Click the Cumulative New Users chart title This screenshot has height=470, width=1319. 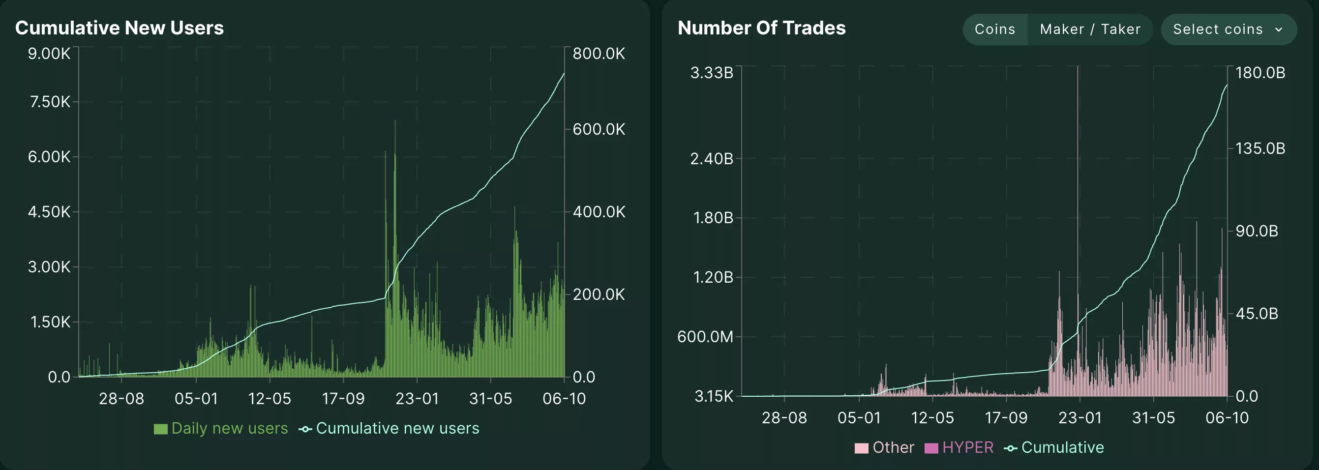[120, 28]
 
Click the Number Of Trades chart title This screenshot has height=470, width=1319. [761, 28]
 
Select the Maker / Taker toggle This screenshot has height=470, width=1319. [1090, 29]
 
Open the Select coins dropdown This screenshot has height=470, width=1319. [1229, 29]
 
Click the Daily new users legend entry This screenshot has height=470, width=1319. [221, 428]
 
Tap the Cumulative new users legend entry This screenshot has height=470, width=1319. [390, 428]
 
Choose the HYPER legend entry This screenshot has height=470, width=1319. [959, 447]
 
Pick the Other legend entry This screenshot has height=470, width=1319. [884, 447]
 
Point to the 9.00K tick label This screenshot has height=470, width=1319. [49, 53]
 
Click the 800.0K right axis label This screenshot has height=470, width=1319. [599, 53]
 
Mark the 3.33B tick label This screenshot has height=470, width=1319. [711, 73]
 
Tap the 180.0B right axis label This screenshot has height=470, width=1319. [1260, 73]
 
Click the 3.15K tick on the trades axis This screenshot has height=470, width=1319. [713, 396]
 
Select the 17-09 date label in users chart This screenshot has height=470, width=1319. [343, 398]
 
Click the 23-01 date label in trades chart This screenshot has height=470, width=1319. [1080, 418]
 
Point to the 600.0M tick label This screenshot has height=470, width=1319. [705, 336]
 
